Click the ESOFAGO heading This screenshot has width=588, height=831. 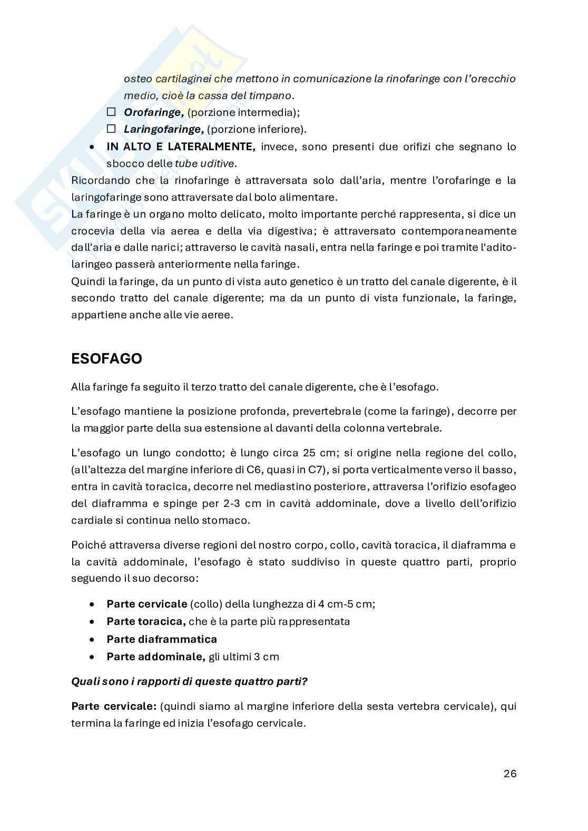coord(106,359)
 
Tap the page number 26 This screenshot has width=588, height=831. coord(509,774)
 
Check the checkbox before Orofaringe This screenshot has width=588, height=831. coord(111,112)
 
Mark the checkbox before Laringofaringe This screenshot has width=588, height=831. coord(111,129)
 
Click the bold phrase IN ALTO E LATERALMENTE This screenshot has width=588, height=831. coord(181,146)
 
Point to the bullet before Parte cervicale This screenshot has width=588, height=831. coord(93,604)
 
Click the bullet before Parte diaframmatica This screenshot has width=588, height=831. coord(93,640)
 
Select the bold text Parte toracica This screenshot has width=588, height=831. coord(146,621)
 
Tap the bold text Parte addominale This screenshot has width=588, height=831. coord(155,657)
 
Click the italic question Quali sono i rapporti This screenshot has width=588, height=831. coord(189,681)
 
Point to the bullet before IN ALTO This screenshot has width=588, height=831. coord(93,147)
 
